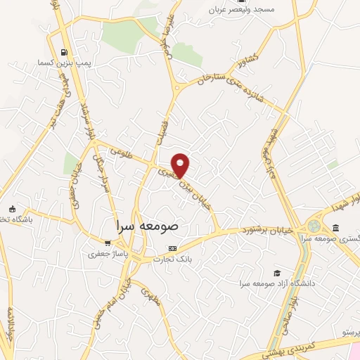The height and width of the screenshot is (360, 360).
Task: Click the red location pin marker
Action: (181, 165)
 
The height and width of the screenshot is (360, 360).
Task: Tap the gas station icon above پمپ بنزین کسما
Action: (65, 51)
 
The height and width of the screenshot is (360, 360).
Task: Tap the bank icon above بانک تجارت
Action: (173, 248)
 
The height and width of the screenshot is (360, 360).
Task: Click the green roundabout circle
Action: (313, 226)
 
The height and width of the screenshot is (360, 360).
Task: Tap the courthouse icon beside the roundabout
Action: (335, 228)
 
